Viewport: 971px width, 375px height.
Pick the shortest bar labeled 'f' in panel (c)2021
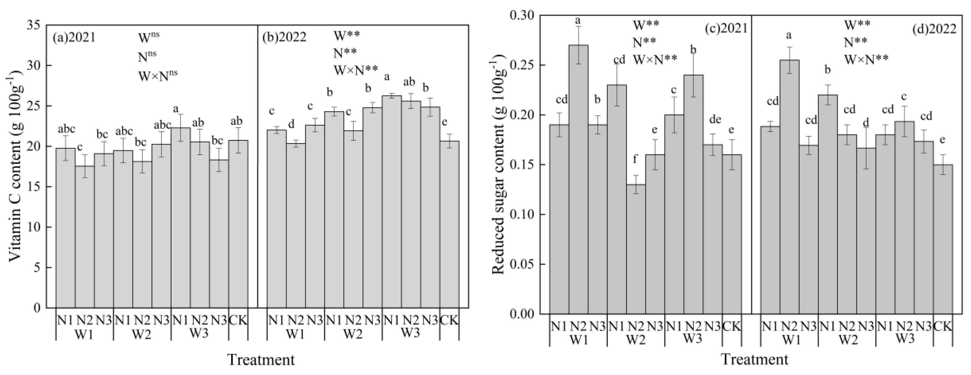click(636, 249)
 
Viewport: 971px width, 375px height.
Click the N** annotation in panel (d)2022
click(855, 42)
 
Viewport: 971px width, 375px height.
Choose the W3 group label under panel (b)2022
click(411, 333)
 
